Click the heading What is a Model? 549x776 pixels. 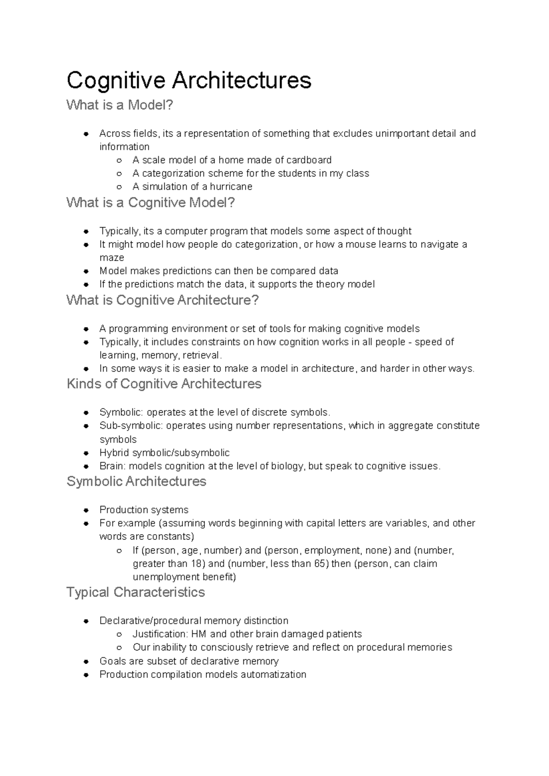(120, 105)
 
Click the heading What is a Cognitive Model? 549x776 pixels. (151, 202)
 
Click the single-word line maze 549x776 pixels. (112, 258)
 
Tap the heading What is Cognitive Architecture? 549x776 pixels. (162, 300)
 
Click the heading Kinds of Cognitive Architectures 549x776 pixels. (164, 384)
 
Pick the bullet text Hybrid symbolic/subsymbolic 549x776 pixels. (164, 452)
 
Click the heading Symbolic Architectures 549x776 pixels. (136, 481)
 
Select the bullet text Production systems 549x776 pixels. (144, 510)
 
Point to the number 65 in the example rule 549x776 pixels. (319, 563)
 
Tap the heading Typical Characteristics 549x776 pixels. (135, 592)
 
